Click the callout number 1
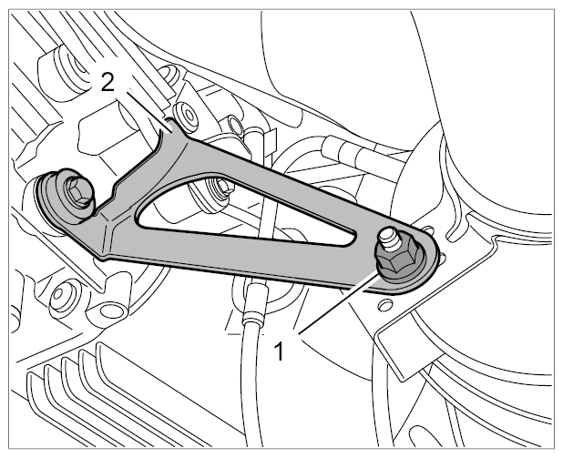coord(279,351)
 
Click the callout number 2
coord(107,82)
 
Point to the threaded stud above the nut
coord(390,239)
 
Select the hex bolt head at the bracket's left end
coord(78,192)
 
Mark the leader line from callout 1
coord(338,302)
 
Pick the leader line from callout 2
coord(148,110)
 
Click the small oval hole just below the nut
coord(385,305)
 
